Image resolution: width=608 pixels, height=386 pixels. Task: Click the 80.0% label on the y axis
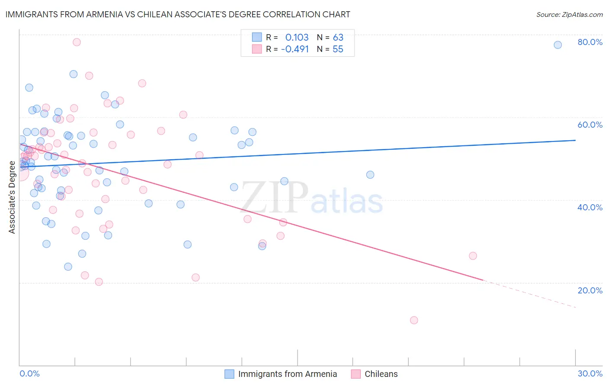point(590,42)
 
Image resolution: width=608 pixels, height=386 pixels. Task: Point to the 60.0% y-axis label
point(590,125)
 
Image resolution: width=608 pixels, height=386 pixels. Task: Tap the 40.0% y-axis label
point(590,207)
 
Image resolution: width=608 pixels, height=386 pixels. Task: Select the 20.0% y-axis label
point(590,290)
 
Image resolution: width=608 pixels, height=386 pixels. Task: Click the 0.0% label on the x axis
point(29,373)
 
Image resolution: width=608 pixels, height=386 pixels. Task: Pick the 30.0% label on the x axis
point(590,373)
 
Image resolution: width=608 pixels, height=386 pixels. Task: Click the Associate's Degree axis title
point(12,197)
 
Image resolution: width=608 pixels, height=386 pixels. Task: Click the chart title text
point(178,14)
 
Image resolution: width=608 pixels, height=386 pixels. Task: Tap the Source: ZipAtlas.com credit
point(569,15)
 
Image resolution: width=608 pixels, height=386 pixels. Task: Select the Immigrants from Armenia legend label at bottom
point(287,374)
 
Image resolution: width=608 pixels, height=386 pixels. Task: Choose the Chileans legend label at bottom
point(381,374)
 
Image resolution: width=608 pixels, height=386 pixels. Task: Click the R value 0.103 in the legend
point(297,37)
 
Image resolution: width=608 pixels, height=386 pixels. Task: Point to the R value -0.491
point(295,49)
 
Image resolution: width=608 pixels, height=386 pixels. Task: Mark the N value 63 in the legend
point(338,37)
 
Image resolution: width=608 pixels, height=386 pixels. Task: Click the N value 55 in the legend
point(338,49)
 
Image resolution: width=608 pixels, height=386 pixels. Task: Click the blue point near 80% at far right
point(558,45)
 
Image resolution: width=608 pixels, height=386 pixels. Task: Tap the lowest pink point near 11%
point(414,320)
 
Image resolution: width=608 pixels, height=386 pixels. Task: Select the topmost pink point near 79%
point(77,42)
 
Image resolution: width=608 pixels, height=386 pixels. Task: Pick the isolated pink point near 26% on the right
point(473,256)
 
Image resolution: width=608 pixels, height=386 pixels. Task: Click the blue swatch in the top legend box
point(257,37)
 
